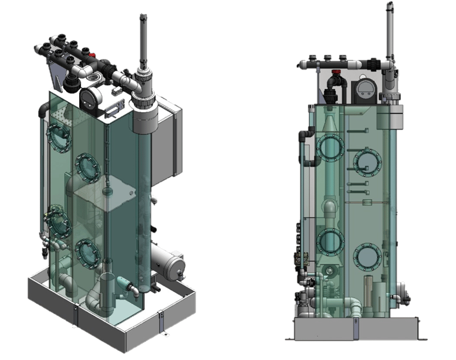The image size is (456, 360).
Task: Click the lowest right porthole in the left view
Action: [x=88, y=252]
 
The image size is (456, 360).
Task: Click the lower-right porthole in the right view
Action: [x=367, y=257]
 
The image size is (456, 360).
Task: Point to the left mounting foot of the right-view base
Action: [x=289, y=338]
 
